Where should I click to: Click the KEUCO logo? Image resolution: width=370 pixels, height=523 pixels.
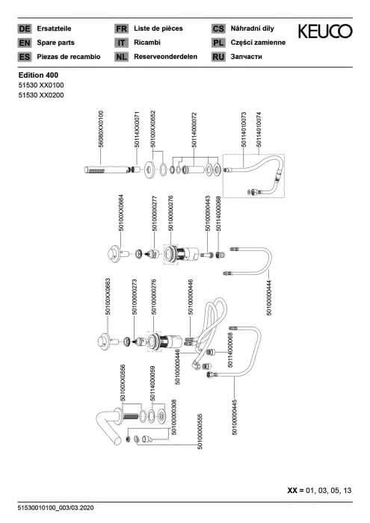325,31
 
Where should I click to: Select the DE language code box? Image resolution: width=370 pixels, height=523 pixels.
25,28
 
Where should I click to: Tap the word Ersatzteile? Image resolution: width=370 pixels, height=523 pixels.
54,28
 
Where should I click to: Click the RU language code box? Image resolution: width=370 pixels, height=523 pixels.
218,57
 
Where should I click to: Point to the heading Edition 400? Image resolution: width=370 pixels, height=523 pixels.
38,75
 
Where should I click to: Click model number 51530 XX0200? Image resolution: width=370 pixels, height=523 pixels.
41,95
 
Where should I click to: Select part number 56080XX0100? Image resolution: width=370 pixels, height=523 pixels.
101,129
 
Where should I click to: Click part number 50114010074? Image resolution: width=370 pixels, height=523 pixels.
259,129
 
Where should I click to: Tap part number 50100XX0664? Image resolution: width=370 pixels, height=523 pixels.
121,213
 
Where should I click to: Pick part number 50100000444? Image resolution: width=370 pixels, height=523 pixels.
269,297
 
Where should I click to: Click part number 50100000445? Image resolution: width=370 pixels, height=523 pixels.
234,417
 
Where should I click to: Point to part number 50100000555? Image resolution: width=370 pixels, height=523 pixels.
200,432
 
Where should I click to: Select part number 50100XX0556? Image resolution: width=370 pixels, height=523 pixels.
123,383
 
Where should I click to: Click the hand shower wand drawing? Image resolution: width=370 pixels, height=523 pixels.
106,170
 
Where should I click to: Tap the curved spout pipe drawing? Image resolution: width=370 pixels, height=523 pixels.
109,427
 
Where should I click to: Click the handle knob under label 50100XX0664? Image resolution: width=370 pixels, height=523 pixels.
115,254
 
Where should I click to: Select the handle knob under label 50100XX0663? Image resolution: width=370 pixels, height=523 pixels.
104,341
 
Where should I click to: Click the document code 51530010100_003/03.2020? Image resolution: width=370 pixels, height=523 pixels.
56,508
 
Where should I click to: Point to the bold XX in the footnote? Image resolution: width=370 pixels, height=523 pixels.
292,491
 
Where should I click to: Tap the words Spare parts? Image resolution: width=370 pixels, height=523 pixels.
56,43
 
